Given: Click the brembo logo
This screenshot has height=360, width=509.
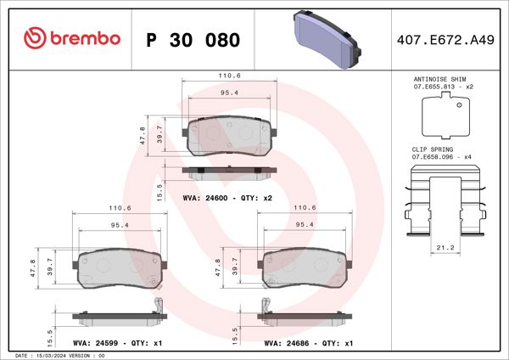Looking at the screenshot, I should click(x=71, y=39).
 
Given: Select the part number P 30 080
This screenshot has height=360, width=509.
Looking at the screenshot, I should click(x=193, y=40).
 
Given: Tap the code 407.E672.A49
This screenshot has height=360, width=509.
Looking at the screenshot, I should click(x=444, y=39).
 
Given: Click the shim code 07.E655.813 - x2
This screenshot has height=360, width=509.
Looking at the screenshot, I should click(x=442, y=87).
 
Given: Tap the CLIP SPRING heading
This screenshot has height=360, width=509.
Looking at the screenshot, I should click(x=431, y=149).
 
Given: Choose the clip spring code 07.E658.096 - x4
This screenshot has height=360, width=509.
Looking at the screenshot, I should click(x=442, y=157).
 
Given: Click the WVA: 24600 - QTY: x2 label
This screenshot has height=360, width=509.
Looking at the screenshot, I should click(x=227, y=198).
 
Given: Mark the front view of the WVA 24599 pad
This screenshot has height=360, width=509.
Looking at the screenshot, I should click(x=119, y=270).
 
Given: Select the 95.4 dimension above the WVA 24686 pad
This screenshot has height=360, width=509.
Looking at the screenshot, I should click(x=304, y=225).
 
